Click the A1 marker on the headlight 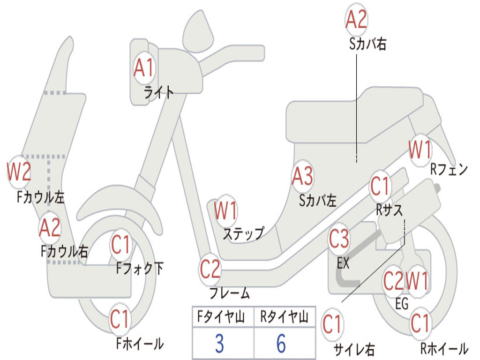[x=143, y=68]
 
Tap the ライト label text [x=159, y=92]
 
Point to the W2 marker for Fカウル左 [x=19, y=172]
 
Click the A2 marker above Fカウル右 [x=50, y=228]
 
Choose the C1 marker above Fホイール [x=120, y=320]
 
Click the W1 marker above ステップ [x=225, y=211]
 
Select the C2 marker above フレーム [x=210, y=269]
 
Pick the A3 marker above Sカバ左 [x=302, y=176]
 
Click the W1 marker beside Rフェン [x=420, y=150]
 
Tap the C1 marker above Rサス [x=381, y=186]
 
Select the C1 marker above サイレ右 [x=332, y=324]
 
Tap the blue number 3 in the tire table [x=219, y=344]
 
